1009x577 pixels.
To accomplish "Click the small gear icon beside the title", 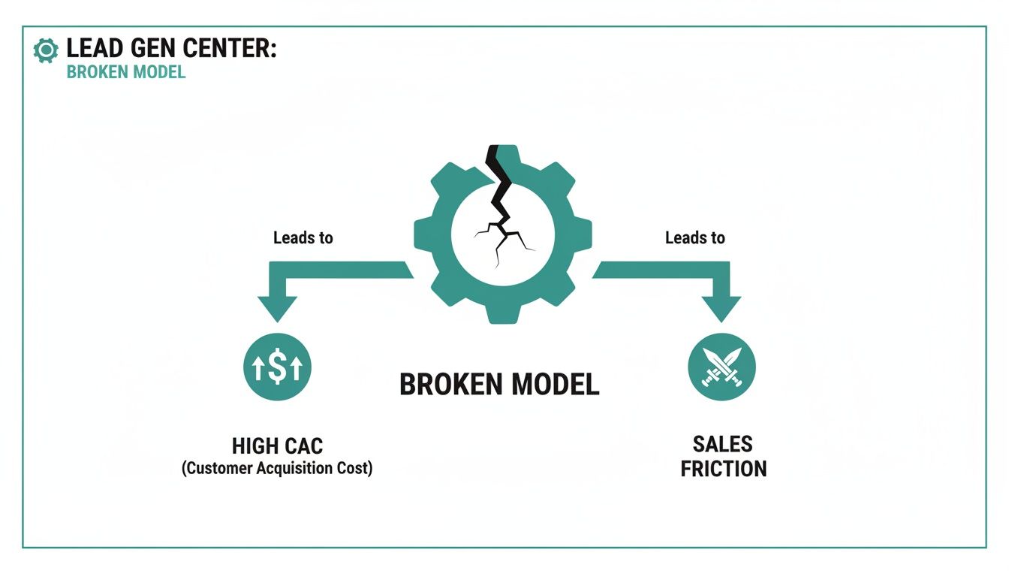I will pyautogui.click(x=46, y=50).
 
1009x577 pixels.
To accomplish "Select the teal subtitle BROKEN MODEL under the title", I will pyautogui.click(x=125, y=73).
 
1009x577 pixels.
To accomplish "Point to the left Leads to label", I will pyautogui.click(x=303, y=238).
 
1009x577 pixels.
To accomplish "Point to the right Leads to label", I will pyautogui.click(x=695, y=238).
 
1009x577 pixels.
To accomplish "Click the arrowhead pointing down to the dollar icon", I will pyautogui.click(x=277, y=309).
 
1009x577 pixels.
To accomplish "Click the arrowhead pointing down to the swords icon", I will pyautogui.click(x=721, y=309).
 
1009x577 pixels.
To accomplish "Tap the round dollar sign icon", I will pyautogui.click(x=277, y=367).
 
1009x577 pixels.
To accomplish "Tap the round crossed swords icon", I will pyautogui.click(x=721, y=367).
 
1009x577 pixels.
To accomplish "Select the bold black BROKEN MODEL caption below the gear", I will pyautogui.click(x=499, y=385).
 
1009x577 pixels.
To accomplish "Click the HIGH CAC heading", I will pyautogui.click(x=277, y=446).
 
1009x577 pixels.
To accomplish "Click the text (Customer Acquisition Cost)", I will pyautogui.click(x=277, y=469).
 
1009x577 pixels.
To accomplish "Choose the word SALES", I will pyautogui.click(x=723, y=444).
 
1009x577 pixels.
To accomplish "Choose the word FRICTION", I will pyautogui.click(x=723, y=469).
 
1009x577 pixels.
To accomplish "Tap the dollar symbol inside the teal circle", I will pyautogui.click(x=277, y=367).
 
